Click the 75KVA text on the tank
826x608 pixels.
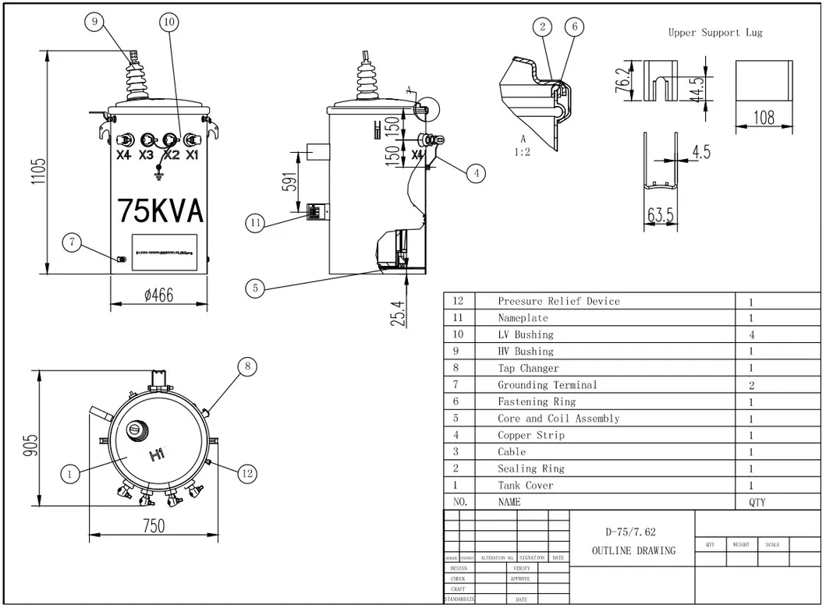160,210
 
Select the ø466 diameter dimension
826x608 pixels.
158,295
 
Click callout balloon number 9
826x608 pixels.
94,22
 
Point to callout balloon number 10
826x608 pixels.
169,22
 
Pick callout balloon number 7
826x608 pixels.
72,242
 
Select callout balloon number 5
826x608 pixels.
254,288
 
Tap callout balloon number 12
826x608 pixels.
247,472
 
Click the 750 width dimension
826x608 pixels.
154,525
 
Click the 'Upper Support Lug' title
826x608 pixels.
714,32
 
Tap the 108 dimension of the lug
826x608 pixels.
764,118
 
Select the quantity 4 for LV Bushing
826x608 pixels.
751,334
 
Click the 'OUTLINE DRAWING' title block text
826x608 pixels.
633,550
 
